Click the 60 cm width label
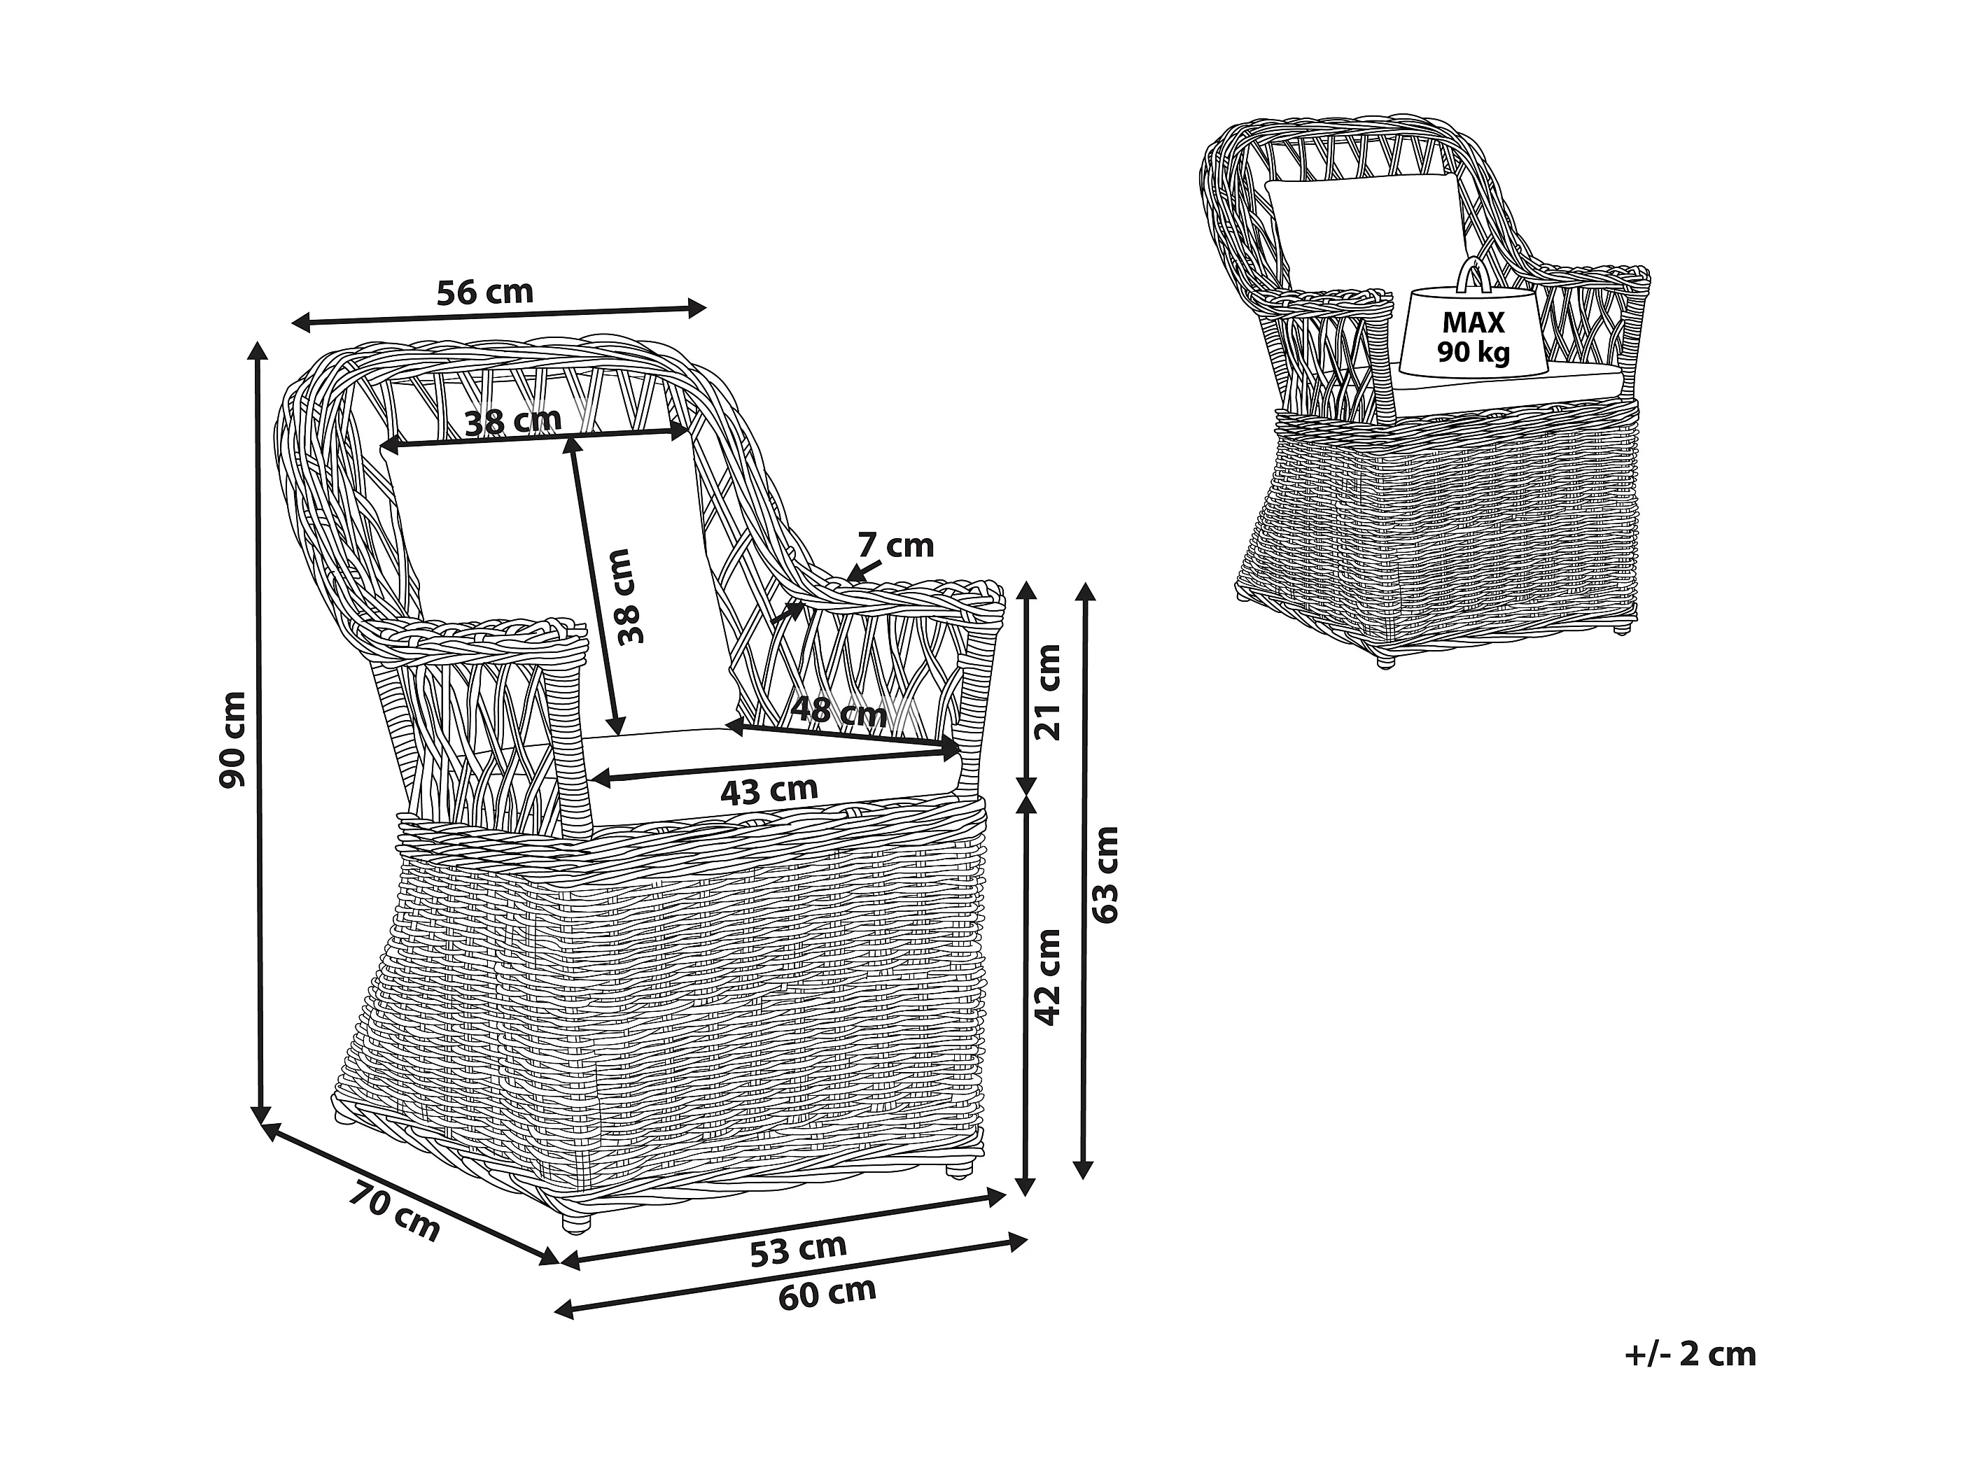(827, 1292)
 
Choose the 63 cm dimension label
(1105, 874)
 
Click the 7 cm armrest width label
(895, 545)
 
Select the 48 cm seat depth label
(839, 712)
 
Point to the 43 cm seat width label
(769, 791)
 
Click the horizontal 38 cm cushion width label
(513, 420)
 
